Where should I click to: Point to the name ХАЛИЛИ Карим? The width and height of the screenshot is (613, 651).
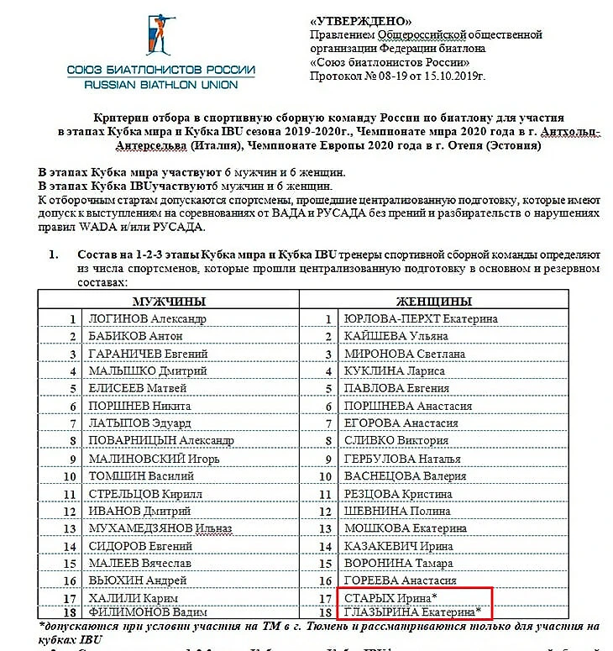[x=133, y=597]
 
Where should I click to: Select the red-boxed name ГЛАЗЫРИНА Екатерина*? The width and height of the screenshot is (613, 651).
[x=412, y=612]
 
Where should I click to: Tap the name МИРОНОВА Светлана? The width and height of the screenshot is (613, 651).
[x=405, y=354]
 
